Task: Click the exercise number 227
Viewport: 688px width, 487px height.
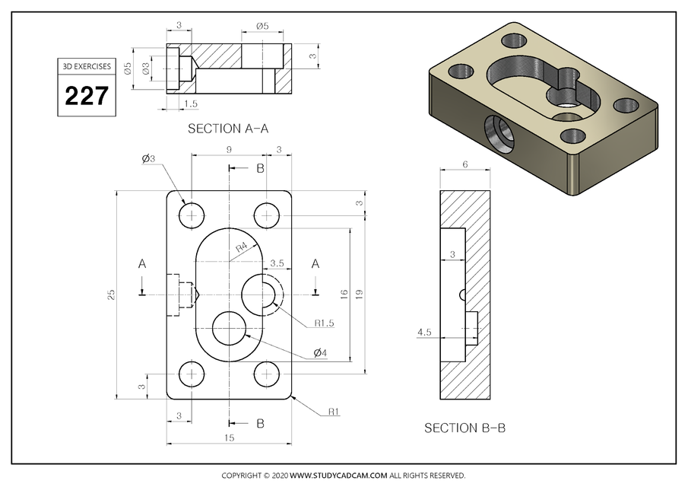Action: click(86, 97)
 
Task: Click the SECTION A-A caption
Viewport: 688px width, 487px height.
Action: click(228, 129)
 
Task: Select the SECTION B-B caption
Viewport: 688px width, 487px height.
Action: click(464, 428)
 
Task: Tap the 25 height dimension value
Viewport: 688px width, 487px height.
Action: click(111, 294)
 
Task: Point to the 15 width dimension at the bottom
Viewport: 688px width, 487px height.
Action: click(230, 438)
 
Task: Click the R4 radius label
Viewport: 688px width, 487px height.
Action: click(241, 247)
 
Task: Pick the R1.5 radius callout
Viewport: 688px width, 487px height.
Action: click(325, 323)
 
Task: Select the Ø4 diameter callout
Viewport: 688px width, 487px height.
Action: click(320, 354)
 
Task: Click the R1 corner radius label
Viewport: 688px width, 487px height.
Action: click(333, 412)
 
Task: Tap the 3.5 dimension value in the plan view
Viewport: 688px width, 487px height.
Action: click(277, 263)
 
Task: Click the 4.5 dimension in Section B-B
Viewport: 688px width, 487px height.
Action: click(424, 332)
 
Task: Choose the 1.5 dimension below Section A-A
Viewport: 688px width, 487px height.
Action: click(191, 103)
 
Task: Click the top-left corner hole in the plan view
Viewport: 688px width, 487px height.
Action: click(191, 214)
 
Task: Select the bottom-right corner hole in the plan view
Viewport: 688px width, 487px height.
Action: click(266, 374)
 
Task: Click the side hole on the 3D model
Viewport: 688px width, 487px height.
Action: click(499, 132)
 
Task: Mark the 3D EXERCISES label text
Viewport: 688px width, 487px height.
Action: click(86, 67)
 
